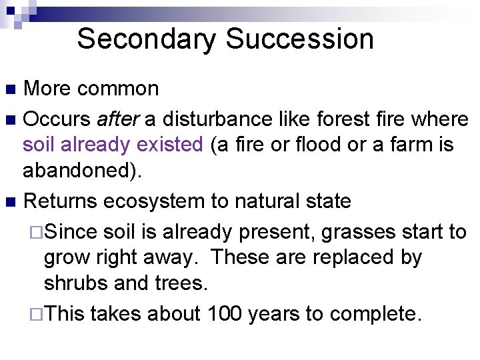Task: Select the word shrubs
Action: point(76,282)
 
